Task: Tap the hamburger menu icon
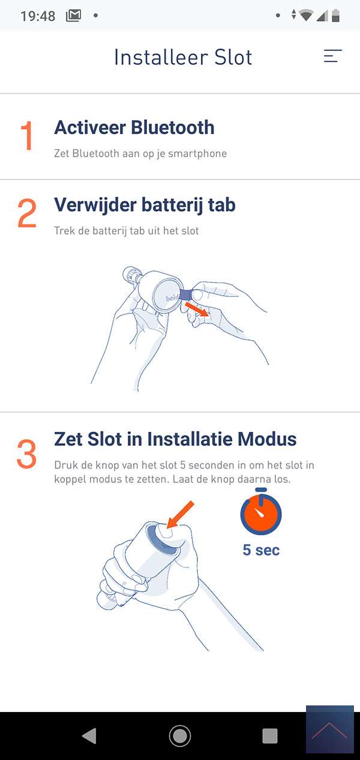pyautogui.click(x=332, y=56)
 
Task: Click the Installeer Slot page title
pyautogui.click(x=183, y=57)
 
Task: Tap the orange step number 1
pyautogui.click(x=27, y=136)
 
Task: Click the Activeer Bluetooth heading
pyautogui.click(x=134, y=128)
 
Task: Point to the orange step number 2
pyautogui.click(x=27, y=213)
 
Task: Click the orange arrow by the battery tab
pyautogui.click(x=197, y=310)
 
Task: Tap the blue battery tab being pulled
pyautogui.click(x=185, y=295)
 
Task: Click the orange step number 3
pyautogui.click(x=26, y=454)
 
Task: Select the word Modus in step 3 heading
pyautogui.click(x=267, y=439)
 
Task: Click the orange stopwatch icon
pyautogui.click(x=261, y=511)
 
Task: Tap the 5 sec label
pyautogui.click(x=261, y=550)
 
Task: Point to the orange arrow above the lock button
pyautogui.click(x=180, y=514)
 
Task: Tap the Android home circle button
pyautogui.click(x=180, y=736)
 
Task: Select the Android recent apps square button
pyautogui.click(x=270, y=736)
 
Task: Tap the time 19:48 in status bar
pyautogui.click(x=38, y=16)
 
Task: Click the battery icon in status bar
pyautogui.click(x=335, y=16)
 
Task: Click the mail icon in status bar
pyautogui.click(x=73, y=15)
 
